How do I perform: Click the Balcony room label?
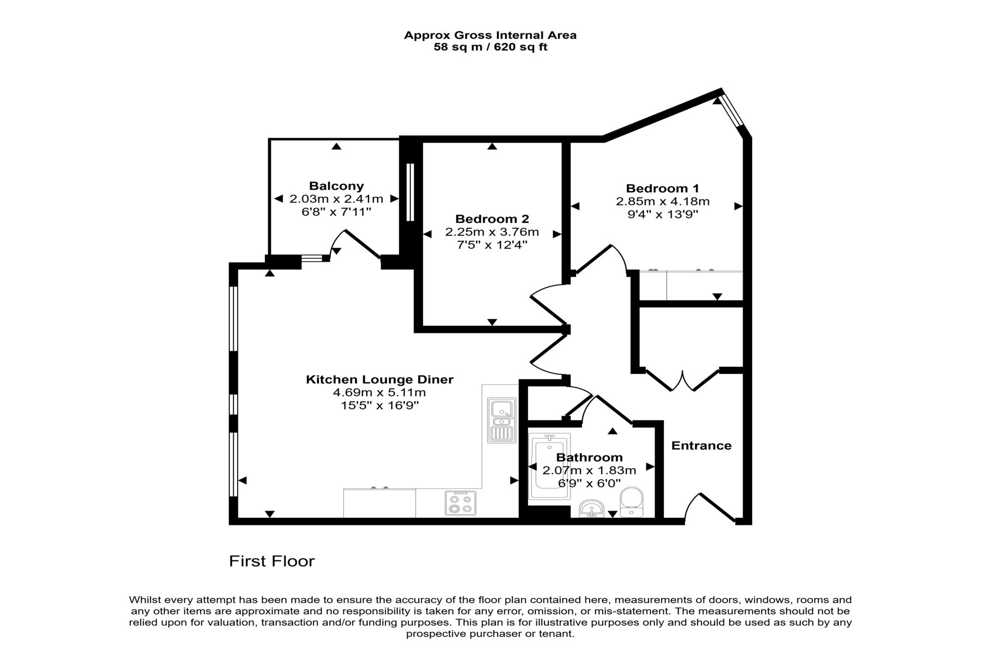point(336,186)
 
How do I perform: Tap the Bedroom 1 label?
point(663,189)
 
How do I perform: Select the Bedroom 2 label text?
point(492,219)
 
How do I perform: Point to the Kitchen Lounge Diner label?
point(379,379)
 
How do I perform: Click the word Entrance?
point(701,446)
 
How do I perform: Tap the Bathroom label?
point(589,458)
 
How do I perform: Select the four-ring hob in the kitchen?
point(461,503)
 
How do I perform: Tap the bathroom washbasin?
point(591,508)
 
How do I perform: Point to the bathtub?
point(549,467)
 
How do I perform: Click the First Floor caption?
point(272,561)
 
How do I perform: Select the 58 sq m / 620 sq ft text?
point(491,47)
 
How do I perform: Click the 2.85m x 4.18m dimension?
point(663,202)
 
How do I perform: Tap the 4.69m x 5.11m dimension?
point(379,392)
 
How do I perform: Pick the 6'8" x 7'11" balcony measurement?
point(336,211)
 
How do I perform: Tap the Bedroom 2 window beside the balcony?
point(410,192)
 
